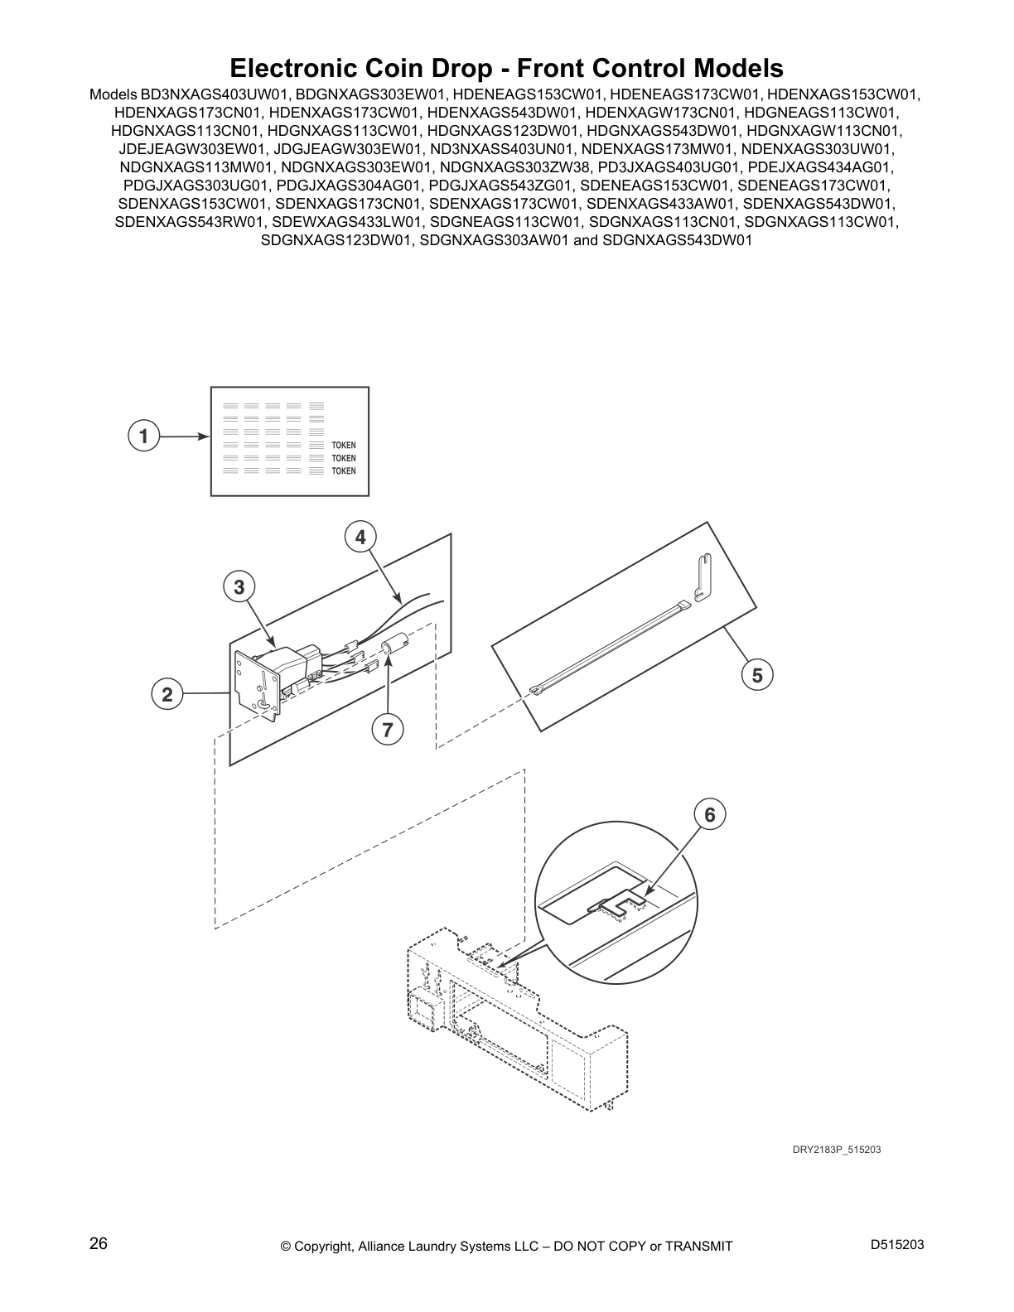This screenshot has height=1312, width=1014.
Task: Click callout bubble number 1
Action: pyautogui.click(x=143, y=436)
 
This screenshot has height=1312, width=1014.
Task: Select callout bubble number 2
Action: pyautogui.click(x=167, y=694)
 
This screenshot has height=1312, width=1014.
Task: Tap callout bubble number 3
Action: pyautogui.click(x=239, y=587)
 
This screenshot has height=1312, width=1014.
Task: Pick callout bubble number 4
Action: pyautogui.click(x=360, y=537)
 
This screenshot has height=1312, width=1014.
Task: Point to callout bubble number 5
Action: pyautogui.click(x=757, y=675)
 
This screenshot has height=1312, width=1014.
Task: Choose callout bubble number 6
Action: pyautogui.click(x=710, y=814)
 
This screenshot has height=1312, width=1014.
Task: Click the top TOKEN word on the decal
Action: pyautogui.click(x=343, y=446)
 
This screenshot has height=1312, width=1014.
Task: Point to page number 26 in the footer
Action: pyautogui.click(x=98, y=1243)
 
